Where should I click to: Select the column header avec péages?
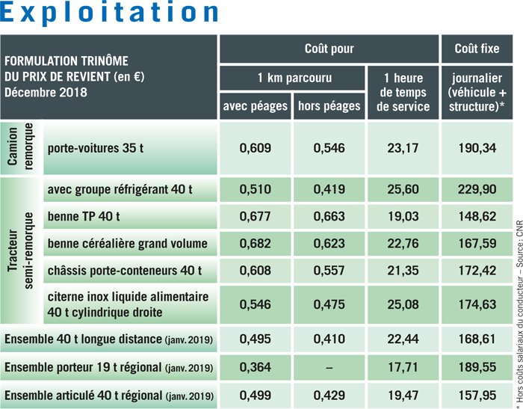tap(256, 106)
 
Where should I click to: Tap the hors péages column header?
tap(329, 106)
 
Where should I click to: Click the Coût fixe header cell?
tap(477, 49)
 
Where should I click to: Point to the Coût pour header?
tap(329, 49)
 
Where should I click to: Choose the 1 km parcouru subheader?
tap(291, 78)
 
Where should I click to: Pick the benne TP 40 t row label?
tap(84, 217)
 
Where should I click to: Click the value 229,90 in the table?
tap(478, 190)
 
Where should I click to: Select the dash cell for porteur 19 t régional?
tap(329, 368)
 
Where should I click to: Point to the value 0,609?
tap(256, 148)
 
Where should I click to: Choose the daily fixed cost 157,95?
tap(478, 395)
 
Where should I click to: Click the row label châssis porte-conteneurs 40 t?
tap(125, 270)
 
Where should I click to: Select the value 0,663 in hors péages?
tap(329, 217)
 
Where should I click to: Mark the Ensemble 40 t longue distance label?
tap(109, 340)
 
